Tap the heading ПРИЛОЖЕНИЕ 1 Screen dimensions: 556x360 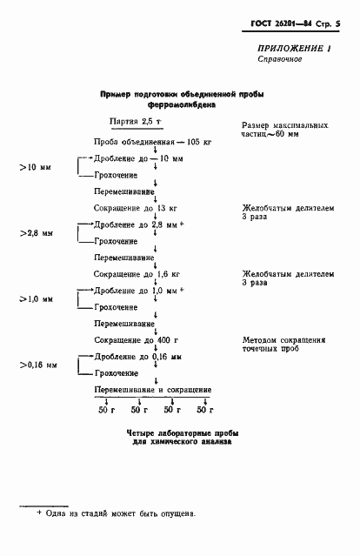point(295,49)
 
